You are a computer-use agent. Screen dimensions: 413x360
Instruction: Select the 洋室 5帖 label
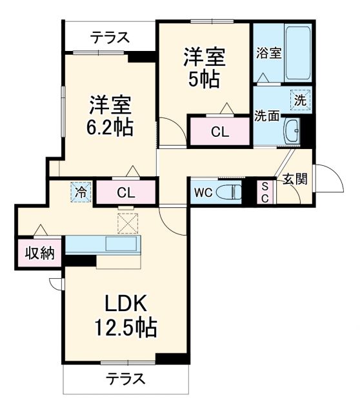point(204,68)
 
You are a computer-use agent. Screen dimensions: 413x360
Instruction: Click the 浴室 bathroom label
point(268,53)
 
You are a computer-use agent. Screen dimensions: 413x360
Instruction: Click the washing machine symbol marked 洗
point(301,99)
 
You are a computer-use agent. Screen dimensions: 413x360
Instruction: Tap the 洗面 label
point(266,117)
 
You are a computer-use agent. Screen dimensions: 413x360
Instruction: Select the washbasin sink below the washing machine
point(292,132)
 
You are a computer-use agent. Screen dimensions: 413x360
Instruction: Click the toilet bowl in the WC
point(227,192)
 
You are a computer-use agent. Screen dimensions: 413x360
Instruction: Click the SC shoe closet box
point(265,192)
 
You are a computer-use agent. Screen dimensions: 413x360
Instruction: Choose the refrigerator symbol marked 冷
point(81,192)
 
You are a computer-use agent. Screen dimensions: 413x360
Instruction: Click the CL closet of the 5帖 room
point(219,132)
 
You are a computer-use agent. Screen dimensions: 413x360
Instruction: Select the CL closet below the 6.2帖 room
point(126,192)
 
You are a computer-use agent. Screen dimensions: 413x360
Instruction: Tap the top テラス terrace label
point(109,37)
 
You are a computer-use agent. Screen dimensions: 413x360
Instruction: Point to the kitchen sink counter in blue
point(103,245)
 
